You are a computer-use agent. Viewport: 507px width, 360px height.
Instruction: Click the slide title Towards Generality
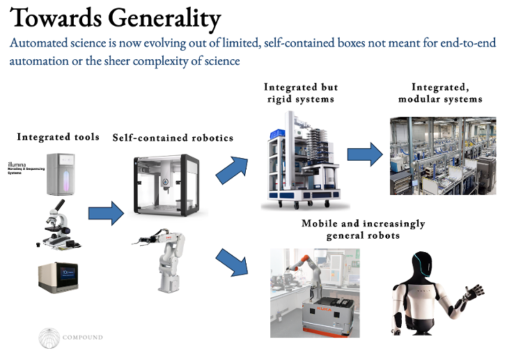116,18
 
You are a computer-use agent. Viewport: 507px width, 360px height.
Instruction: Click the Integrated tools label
58,137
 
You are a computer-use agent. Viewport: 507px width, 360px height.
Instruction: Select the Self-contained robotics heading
173,138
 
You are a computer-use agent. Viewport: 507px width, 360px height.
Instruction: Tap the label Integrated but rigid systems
300,93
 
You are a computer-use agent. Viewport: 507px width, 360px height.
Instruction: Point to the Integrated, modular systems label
440,93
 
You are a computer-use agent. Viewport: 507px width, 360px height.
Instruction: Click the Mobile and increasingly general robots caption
363,229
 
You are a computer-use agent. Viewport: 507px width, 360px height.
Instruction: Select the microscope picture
58,224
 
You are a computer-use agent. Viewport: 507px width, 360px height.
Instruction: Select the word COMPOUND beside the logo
83,338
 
